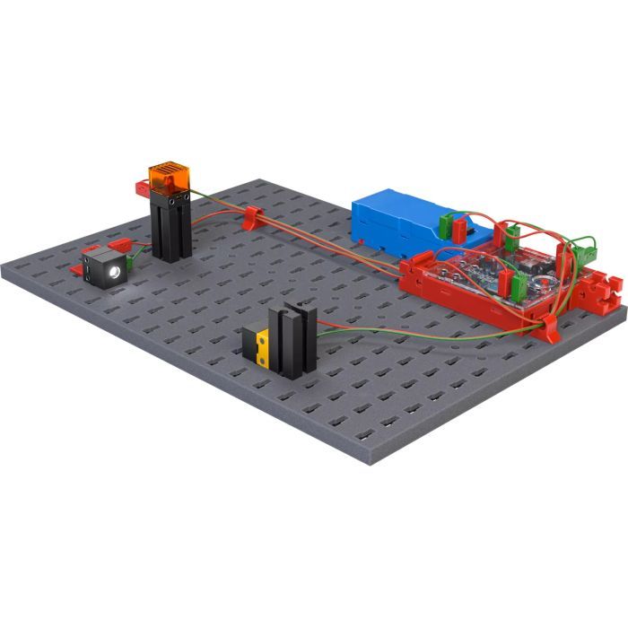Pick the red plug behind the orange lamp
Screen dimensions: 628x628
click(x=142, y=188)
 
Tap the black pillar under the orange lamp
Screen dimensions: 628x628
click(x=169, y=229)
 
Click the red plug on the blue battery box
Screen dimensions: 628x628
click(x=461, y=230)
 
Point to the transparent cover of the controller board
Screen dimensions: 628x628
click(x=489, y=274)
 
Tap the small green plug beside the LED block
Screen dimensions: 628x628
click(x=131, y=261)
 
